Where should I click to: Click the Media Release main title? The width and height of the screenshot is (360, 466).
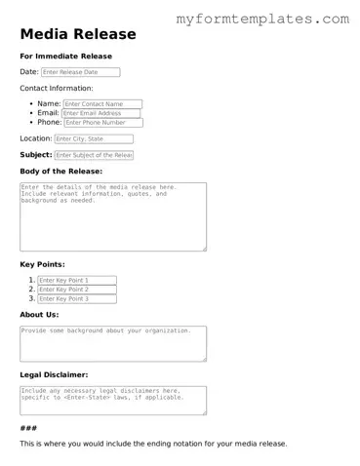[x=78, y=35]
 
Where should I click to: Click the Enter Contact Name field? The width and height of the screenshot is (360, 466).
[x=102, y=103]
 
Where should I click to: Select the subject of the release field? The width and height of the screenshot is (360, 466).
[x=94, y=155]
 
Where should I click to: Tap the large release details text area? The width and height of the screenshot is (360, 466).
[x=112, y=215]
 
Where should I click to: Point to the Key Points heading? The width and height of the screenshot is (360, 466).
[x=42, y=264]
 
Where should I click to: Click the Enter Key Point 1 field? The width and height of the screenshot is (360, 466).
[x=83, y=280]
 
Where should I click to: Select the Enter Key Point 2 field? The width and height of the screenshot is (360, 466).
[x=83, y=290]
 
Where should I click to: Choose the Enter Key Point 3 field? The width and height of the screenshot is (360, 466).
[x=83, y=299]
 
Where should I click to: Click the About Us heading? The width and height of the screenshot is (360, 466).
[x=39, y=315]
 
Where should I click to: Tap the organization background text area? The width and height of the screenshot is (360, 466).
[x=112, y=342]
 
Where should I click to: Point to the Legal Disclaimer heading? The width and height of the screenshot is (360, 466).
[x=55, y=374]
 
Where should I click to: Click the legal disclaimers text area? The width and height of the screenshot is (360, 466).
[x=112, y=399]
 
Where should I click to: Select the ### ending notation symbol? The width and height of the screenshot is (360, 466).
[x=28, y=428]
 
